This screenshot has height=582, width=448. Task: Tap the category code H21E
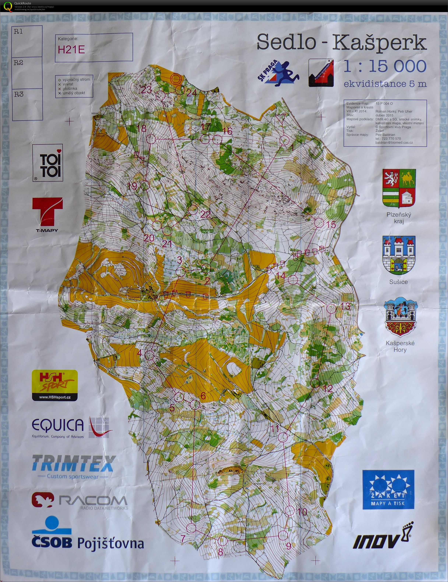tap(71, 50)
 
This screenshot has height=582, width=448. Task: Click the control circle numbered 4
tap(150, 354)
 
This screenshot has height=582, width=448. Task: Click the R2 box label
tap(19, 63)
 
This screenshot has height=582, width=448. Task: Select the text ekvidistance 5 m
tap(385, 84)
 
